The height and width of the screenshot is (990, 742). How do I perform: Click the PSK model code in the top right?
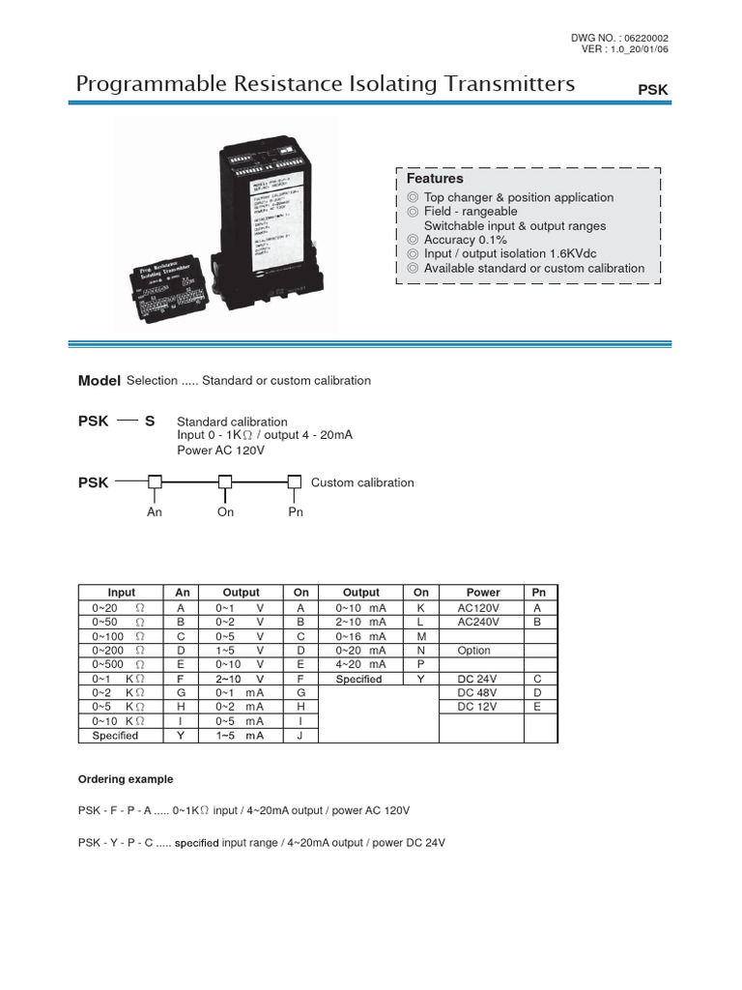tap(653, 89)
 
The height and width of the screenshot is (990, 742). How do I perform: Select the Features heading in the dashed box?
tap(435, 179)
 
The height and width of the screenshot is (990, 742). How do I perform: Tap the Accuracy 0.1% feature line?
tap(465, 240)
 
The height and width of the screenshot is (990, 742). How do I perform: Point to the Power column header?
tap(483, 592)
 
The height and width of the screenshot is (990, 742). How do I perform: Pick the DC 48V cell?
tap(477, 693)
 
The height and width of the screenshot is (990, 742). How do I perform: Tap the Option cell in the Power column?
tap(474, 651)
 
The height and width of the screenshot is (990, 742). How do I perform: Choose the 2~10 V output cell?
tap(241, 679)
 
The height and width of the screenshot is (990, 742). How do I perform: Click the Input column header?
tap(122, 592)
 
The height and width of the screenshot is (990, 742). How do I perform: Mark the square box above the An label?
tap(155, 481)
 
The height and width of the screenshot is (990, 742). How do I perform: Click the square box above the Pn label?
tap(295, 481)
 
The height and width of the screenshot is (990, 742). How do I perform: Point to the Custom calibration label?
tap(362, 482)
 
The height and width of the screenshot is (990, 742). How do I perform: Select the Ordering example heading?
tap(126, 779)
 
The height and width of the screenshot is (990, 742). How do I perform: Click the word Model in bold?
tap(99, 381)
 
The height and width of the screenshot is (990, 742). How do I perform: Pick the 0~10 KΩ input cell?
tap(119, 721)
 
